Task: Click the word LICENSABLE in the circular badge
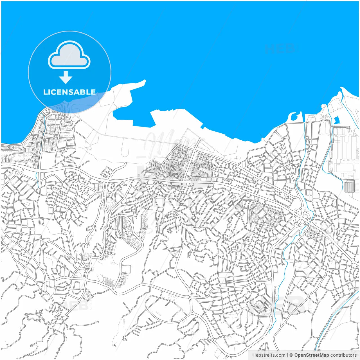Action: point(69,92)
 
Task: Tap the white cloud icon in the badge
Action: point(69,55)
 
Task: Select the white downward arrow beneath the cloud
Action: point(66,77)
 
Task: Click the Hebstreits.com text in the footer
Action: point(269,355)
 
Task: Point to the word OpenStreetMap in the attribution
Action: point(312,355)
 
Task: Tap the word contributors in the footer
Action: point(343,355)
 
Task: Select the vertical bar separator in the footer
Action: point(287,355)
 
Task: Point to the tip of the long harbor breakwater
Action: point(145,81)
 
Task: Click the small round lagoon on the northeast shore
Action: point(293,116)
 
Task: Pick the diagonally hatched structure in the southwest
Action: point(109,282)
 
